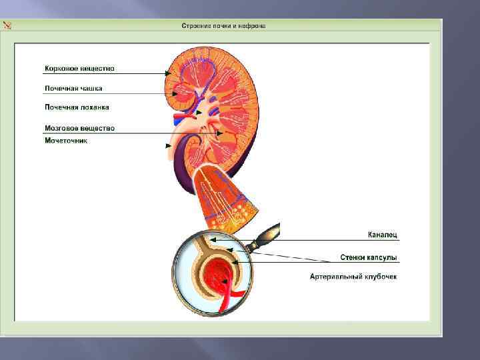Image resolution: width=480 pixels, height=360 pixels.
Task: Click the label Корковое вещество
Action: pyautogui.click(x=79, y=68)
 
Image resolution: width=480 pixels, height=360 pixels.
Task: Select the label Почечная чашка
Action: pyautogui.click(x=73, y=88)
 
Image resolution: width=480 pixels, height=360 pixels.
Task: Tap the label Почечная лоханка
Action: pyautogui.click(x=77, y=107)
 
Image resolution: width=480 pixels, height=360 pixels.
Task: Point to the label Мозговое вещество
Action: pyautogui.click(x=79, y=128)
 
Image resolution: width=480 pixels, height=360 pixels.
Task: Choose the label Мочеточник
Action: pyautogui.click(x=66, y=141)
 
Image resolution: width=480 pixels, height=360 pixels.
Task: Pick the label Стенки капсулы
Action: pyautogui.click(x=368, y=257)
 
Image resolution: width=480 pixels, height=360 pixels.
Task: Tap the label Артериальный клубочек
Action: pyautogui.click(x=353, y=276)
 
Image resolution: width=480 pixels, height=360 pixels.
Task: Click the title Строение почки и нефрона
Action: pyautogui.click(x=223, y=26)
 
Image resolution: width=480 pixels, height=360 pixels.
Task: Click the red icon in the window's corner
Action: pyautogui.click(x=7, y=26)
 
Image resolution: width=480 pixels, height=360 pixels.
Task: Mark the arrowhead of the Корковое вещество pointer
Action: pyautogui.click(x=167, y=73)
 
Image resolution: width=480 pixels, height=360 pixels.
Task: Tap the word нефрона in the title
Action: pyautogui.click(x=254, y=26)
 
